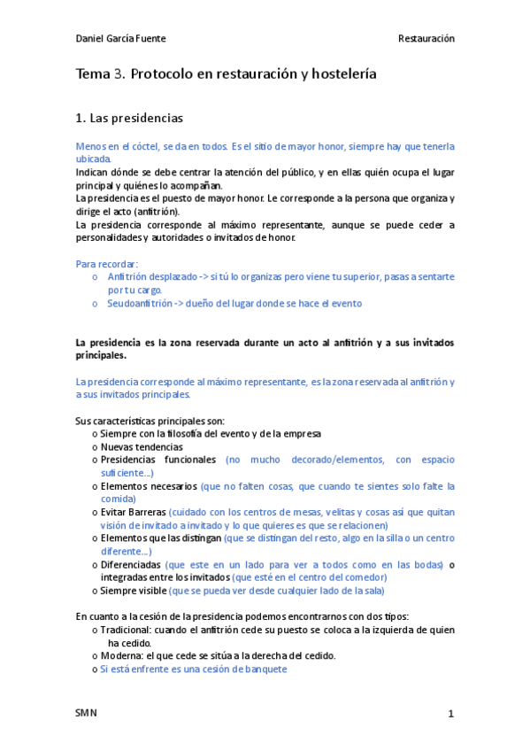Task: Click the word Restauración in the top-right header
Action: [426, 39]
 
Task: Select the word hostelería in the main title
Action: [339, 75]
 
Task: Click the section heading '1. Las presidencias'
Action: [129, 117]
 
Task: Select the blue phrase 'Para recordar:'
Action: [107, 264]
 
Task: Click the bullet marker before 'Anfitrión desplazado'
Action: [95, 277]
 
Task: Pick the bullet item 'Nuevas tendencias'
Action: [142, 447]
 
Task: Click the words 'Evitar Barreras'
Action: [134, 512]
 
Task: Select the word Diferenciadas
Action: [131, 564]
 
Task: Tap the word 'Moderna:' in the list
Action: [120, 656]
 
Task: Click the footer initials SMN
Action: [87, 713]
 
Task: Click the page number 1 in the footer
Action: [450, 714]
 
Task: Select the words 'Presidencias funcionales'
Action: [158, 460]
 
